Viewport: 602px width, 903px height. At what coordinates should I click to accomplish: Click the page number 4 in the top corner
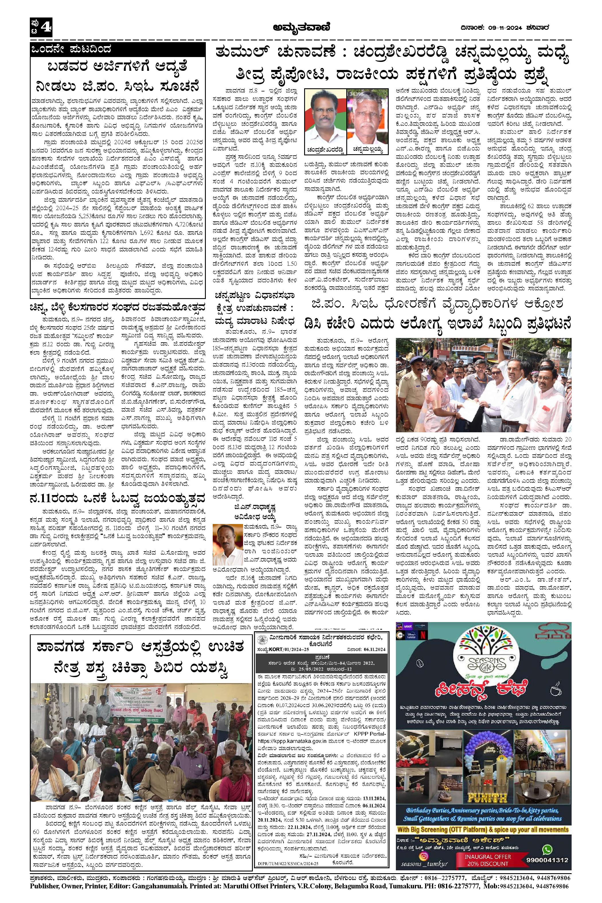tap(45, 27)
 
